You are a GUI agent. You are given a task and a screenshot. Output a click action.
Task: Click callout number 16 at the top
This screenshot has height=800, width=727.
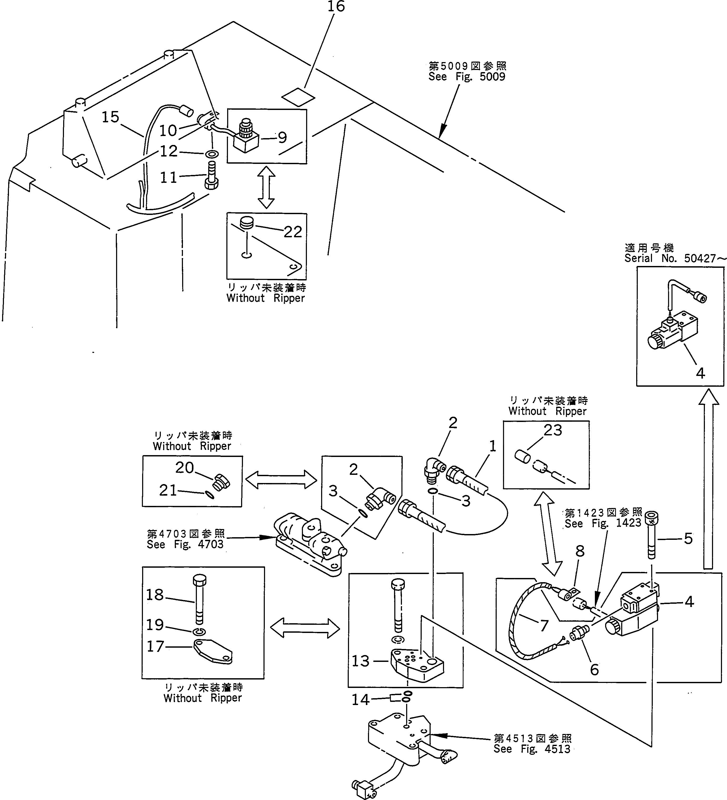(x=336, y=7)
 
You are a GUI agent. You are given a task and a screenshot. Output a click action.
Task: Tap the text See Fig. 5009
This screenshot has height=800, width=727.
(x=466, y=77)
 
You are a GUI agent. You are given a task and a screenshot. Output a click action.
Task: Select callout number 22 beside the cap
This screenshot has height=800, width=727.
(x=293, y=232)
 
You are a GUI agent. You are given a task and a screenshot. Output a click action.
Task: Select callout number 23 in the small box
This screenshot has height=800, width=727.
(x=553, y=430)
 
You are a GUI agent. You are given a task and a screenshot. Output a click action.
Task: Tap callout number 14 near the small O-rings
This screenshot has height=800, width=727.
(x=360, y=700)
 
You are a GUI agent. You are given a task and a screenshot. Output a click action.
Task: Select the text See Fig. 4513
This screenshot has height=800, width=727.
(x=532, y=749)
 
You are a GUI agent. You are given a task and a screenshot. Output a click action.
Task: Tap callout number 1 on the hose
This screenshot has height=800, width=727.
(x=492, y=446)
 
